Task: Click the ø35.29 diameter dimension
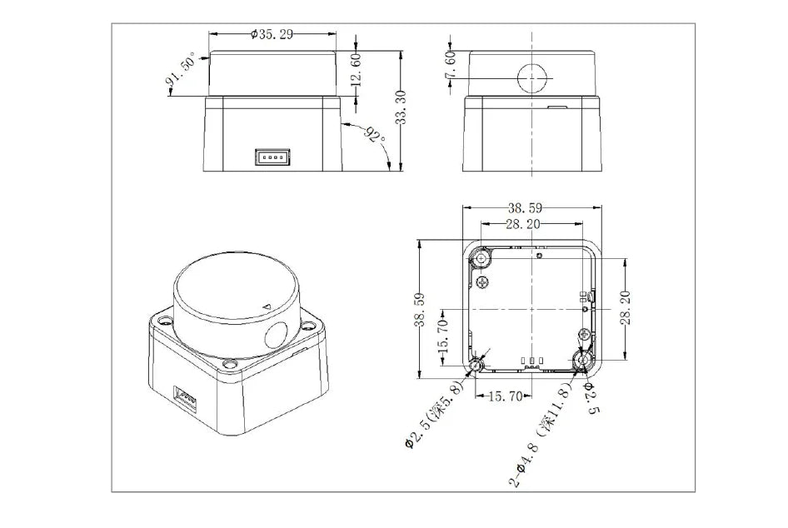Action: click(x=272, y=34)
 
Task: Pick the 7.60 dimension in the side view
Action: click(x=451, y=66)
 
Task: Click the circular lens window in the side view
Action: click(x=532, y=78)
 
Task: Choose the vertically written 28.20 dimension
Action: click(x=626, y=309)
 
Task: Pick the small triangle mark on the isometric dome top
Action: click(x=267, y=306)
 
